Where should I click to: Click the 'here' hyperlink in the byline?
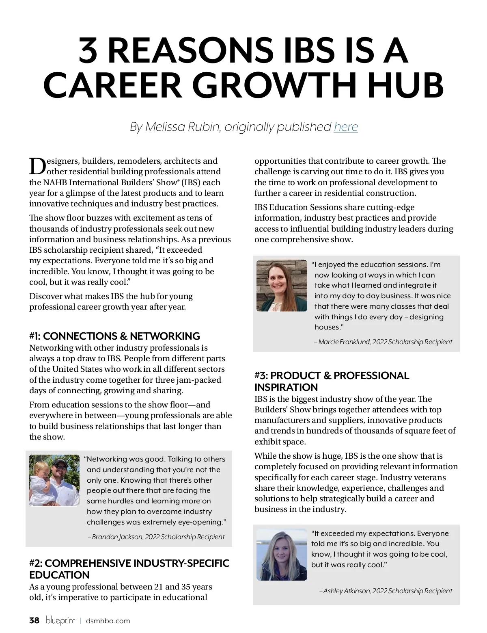pyautogui.click(x=346, y=127)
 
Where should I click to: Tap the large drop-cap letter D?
pyautogui.click(x=37, y=166)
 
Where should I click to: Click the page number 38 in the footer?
pyautogui.click(x=34, y=620)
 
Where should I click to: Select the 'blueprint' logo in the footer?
pyautogui.click(x=60, y=620)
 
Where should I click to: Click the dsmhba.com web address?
pyautogui.click(x=108, y=621)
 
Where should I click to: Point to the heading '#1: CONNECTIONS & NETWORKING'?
pyautogui.click(x=114, y=336)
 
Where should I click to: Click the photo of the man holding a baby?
pyautogui.click(x=54, y=480)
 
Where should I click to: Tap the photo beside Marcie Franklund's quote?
pyautogui.click(x=282, y=286)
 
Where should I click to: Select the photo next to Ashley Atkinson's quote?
pyautogui.click(x=282, y=555)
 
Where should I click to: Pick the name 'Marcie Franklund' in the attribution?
pyautogui.click(x=344, y=342)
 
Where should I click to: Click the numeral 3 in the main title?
pyautogui.click(x=90, y=51)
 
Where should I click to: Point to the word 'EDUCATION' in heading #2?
pyautogui.click(x=59, y=575)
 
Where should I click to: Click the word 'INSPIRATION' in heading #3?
pyautogui.click(x=286, y=387)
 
